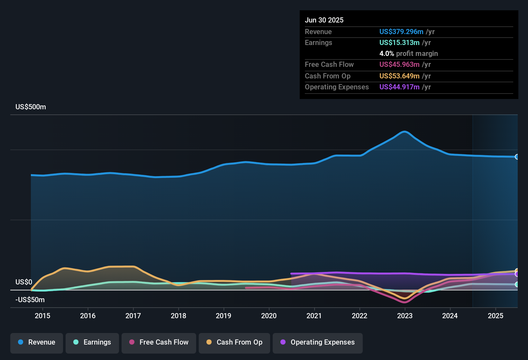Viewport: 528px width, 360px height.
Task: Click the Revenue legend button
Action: coord(37,342)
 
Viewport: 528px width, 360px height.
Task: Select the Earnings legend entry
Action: coord(92,342)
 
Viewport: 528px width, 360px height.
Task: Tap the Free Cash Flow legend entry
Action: coord(159,342)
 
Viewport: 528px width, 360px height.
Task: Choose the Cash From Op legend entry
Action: coord(234,342)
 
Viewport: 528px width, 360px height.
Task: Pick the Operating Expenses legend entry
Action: coord(318,342)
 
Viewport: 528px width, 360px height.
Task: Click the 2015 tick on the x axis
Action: coord(42,316)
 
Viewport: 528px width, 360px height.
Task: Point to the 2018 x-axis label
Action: coord(178,316)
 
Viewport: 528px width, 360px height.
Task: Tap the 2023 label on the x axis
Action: coord(405,316)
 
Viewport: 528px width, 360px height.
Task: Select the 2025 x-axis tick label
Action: coord(496,316)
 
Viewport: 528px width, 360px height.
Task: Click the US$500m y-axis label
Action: coord(31,107)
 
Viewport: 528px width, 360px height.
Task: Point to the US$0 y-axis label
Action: coord(24,282)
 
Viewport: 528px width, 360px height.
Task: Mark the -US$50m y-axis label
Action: coord(30,300)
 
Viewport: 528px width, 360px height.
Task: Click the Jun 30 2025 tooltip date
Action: coord(324,20)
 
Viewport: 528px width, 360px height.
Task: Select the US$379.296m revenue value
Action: coord(401,32)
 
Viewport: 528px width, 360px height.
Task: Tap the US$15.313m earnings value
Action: coord(399,42)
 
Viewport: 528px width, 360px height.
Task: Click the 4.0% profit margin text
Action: coord(408,53)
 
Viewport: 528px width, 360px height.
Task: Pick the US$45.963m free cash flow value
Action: coord(399,64)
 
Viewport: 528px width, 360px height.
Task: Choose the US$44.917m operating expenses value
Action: coord(399,87)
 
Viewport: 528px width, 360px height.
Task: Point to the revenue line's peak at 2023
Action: coord(405,131)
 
